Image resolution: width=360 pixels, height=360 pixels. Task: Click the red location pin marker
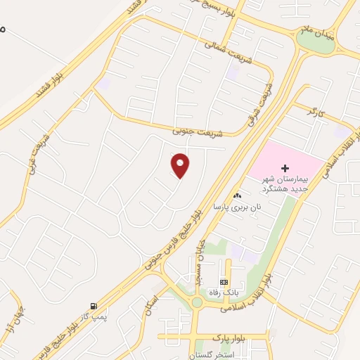[181, 166]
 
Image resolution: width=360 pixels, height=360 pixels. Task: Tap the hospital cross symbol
[285, 168]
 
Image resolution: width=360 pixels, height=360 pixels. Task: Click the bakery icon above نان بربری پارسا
[237, 196]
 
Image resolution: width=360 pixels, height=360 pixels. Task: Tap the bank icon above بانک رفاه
[224, 281]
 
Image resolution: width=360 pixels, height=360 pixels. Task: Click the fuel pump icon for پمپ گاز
[93, 306]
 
